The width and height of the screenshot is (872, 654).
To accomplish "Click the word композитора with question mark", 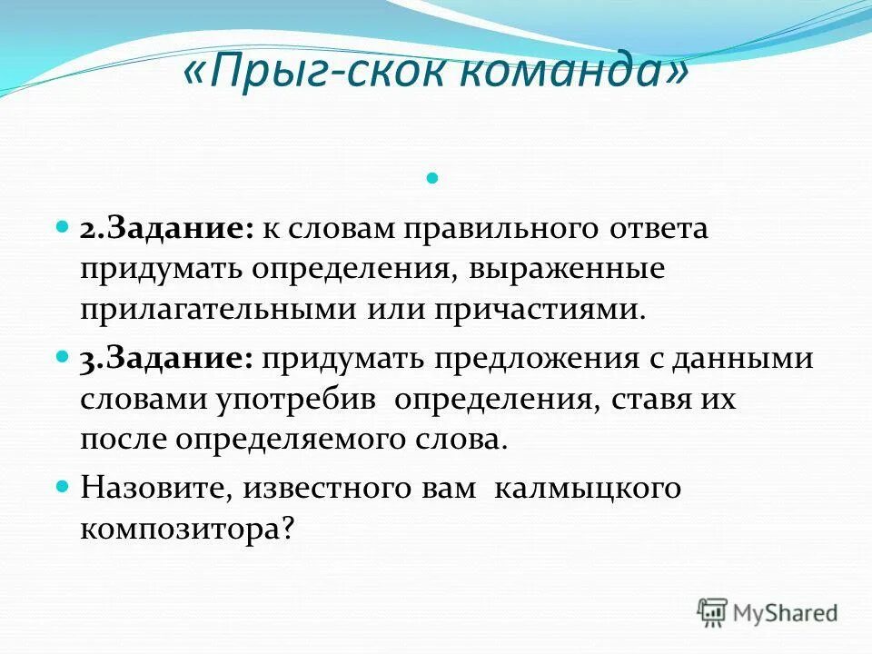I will point(188,529).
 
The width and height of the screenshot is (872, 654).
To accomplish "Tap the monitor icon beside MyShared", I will point(713,612).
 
